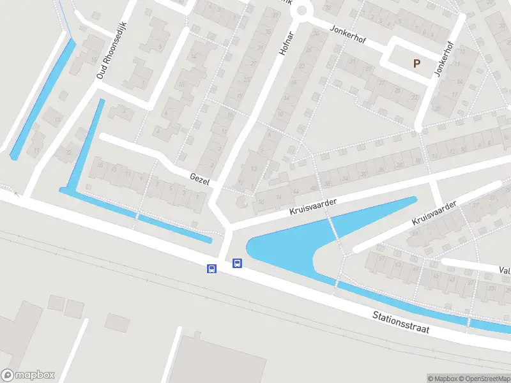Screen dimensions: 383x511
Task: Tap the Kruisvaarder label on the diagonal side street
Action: [x=436, y=213]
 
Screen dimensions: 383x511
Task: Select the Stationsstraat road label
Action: [x=402, y=323]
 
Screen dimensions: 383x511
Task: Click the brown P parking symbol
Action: [x=416, y=63]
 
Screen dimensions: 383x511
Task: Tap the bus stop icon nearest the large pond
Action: [x=237, y=262]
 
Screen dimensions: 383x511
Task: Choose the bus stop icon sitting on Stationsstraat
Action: [x=211, y=269]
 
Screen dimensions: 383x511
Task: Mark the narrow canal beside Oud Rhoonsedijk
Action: [x=42, y=96]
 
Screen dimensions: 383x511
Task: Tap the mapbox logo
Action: [x=29, y=375]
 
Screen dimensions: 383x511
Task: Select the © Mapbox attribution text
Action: [x=443, y=379]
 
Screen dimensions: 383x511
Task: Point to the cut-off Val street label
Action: [x=505, y=271]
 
